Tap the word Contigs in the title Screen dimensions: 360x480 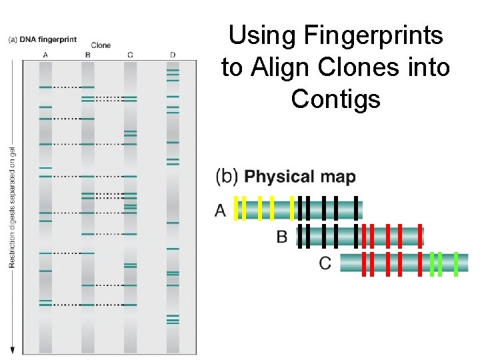point(335,99)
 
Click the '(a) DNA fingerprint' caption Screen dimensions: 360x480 point(41,39)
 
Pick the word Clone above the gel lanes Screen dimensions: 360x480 point(101,45)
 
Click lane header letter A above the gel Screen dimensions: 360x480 point(45,55)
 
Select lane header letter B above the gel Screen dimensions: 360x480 point(88,55)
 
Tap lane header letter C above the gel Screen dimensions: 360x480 point(130,55)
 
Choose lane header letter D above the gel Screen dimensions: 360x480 point(173,55)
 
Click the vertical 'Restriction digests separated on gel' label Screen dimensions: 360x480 point(12,207)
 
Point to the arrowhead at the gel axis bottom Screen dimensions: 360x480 point(12,350)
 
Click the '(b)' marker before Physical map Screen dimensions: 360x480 point(227,177)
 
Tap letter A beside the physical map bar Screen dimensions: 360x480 point(221,211)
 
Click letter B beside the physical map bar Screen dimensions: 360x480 point(282,237)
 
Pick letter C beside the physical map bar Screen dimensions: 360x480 point(325,263)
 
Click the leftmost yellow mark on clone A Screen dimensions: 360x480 point(237,209)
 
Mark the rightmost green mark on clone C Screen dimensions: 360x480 point(456,263)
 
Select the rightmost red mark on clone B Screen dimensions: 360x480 point(420,235)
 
